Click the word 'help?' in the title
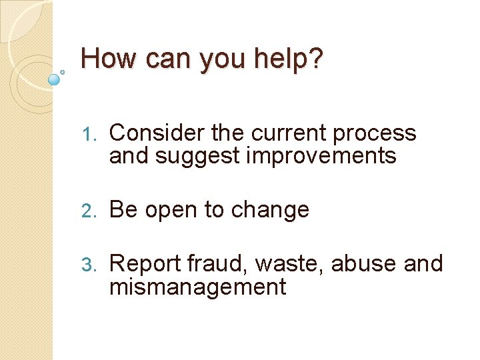(x=292, y=59)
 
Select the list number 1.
(x=91, y=134)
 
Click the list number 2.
(x=91, y=210)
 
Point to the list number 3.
(x=91, y=265)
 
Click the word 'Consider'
(x=156, y=133)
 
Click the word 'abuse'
(x=364, y=264)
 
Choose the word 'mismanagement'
(x=197, y=287)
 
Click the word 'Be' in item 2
(x=123, y=210)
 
